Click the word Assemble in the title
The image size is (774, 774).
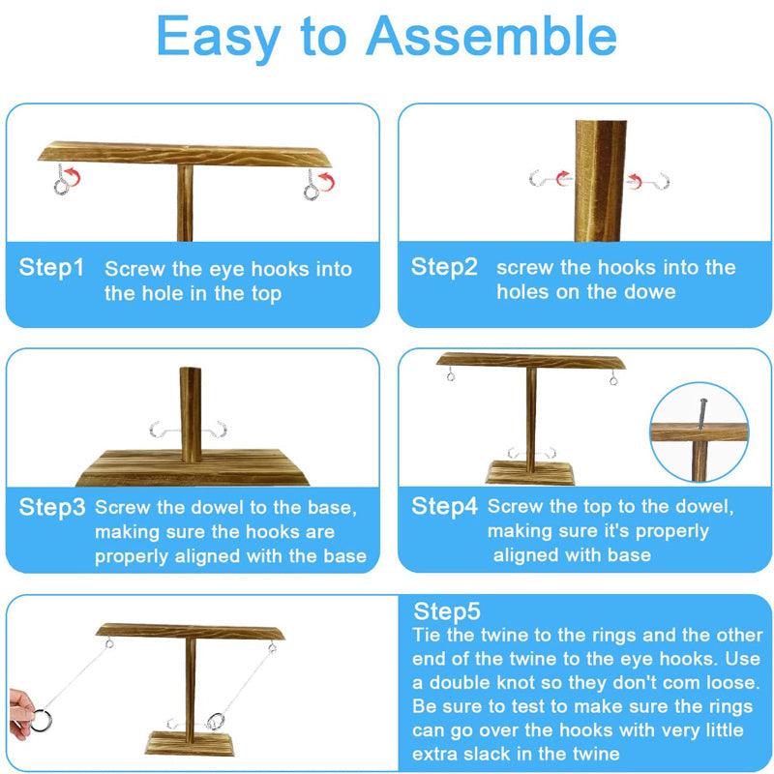(491, 36)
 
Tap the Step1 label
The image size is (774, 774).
(51, 268)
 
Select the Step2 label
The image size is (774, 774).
(444, 267)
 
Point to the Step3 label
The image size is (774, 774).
(52, 507)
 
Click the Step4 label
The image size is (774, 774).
(444, 506)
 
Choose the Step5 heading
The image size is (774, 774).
(447, 611)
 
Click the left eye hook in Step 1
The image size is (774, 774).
(61, 180)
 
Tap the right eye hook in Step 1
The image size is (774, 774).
(312, 185)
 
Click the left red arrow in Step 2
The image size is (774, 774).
(563, 178)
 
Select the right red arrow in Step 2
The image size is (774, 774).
(635, 181)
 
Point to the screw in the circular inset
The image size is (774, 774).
(702, 414)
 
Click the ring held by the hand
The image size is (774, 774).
(42, 720)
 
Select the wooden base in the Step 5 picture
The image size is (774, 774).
(190, 743)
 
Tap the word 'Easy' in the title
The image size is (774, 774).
(220, 38)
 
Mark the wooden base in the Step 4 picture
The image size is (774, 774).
(530, 472)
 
